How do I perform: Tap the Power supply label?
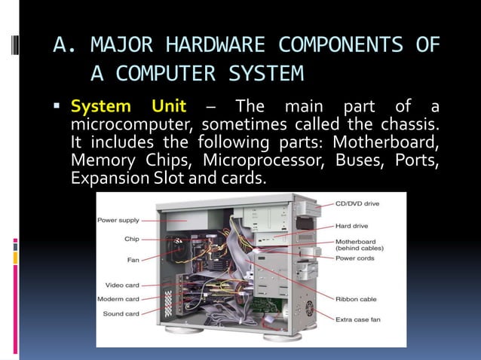coord(118,220)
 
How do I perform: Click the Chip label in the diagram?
coord(131,239)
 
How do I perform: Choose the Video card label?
coord(121,286)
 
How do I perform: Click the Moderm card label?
coord(119,299)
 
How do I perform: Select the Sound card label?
coord(121,313)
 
